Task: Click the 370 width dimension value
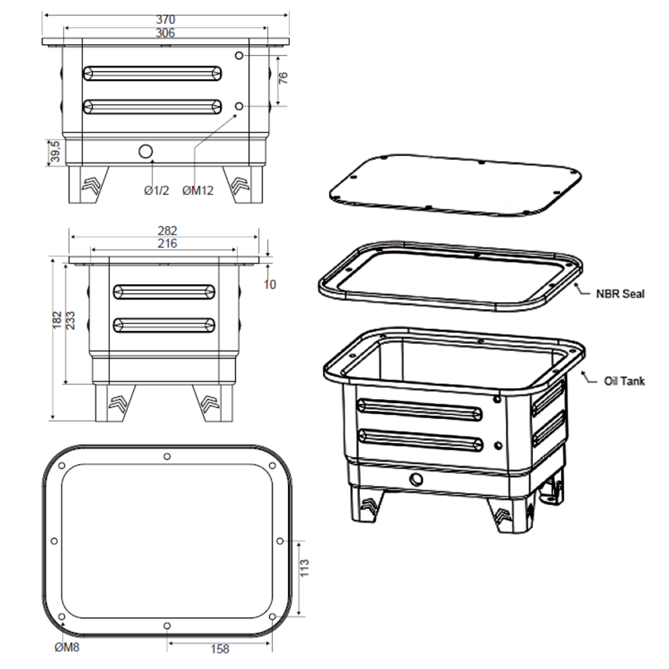tap(166, 20)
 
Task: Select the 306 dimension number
tap(165, 33)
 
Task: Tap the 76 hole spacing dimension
tap(283, 77)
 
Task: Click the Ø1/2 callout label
tap(157, 190)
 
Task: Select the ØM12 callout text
tap(198, 190)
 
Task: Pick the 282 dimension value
tap(167, 230)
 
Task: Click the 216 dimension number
tap(167, 244)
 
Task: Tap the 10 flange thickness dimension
tap(270, 285)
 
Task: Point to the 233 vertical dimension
tap(70, 321)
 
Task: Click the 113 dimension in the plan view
tap(304, 568)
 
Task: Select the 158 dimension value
tap(220, 649)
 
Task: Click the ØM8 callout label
tap(67, 647)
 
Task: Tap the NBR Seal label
tap(620, 294)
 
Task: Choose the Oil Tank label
tap(624, 381)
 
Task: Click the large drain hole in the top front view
tap(146, 152)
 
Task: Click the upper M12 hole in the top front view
tap(239, 56)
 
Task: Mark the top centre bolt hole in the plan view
tap(167, 456)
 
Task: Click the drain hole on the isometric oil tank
tap(416, 479)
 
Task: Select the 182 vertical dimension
tap(57, 320)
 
